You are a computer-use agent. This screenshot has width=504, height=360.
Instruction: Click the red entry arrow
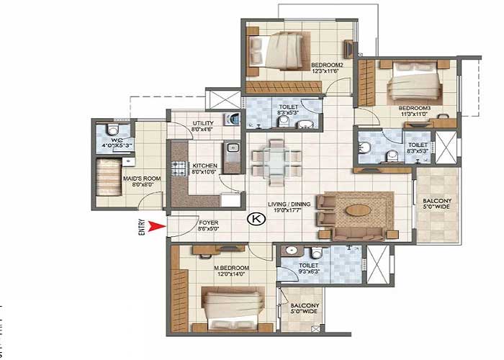(152, 229)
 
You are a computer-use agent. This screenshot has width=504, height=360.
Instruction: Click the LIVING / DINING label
(292, 204)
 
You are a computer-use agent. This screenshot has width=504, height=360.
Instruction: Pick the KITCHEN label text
(205, 166)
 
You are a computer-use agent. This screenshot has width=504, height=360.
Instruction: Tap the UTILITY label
(202, 124)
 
